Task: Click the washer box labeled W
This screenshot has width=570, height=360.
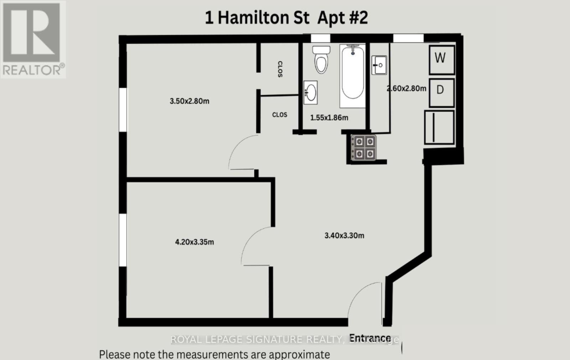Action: [441, 59]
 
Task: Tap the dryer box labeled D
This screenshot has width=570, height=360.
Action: [441, 92]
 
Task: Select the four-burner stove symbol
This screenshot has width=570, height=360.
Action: [364, 148]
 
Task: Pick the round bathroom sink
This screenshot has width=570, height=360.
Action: [310, 93]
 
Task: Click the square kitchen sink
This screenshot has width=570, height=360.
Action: [379, 65]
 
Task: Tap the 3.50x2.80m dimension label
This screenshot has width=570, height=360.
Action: [189, 101]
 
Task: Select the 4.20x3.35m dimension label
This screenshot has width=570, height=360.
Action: [194, 242]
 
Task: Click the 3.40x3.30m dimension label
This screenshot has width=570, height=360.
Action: [344, 235]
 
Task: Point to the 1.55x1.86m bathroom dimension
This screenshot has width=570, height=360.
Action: [329, 118]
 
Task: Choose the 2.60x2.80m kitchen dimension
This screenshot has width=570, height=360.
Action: [406, 88]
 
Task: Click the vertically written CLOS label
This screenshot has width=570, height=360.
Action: [280, 69]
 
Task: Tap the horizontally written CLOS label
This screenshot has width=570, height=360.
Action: [279, 115]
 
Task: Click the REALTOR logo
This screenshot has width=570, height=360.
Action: [33, 39]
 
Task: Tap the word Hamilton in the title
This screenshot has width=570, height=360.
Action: [263, 18]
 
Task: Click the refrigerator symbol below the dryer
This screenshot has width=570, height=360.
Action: [439, 127]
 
